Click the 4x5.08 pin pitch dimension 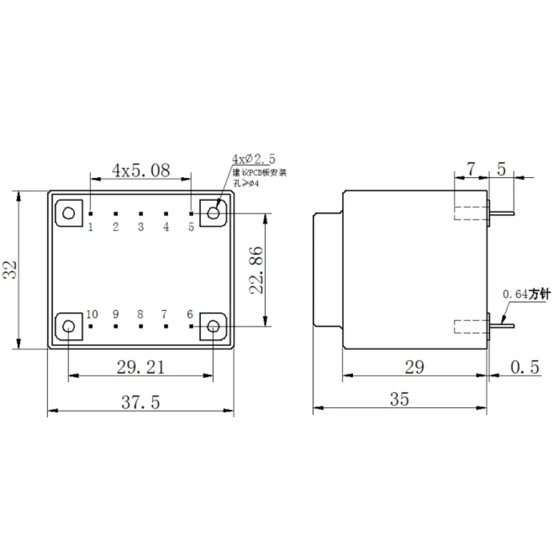(x=141, y=170)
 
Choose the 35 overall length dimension (x=400, y=399)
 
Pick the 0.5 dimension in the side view (x=525, y=367)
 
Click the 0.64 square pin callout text (x=526, y=295)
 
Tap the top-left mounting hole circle (x=68, y=212)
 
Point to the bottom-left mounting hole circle (x=68, y=327)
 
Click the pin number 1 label (x=91, y=227)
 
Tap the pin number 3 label (x=140, y=227)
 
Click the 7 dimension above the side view (x=471, y=168)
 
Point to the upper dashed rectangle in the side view (x=471, y=213)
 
